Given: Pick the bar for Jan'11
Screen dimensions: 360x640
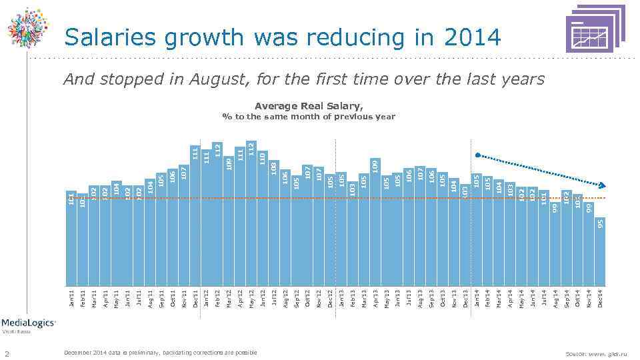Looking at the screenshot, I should (71, 240).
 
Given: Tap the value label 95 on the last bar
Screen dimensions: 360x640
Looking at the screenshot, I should (600, 223).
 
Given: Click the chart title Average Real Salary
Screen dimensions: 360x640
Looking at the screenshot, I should (309, 106).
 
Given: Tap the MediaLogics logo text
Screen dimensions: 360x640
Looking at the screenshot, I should (28, 322).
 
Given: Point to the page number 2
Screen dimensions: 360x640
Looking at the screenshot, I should (25, 352).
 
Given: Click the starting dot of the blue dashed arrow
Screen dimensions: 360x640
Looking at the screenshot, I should (476, 155).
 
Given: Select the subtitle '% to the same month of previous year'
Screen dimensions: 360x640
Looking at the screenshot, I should (309, 117).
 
